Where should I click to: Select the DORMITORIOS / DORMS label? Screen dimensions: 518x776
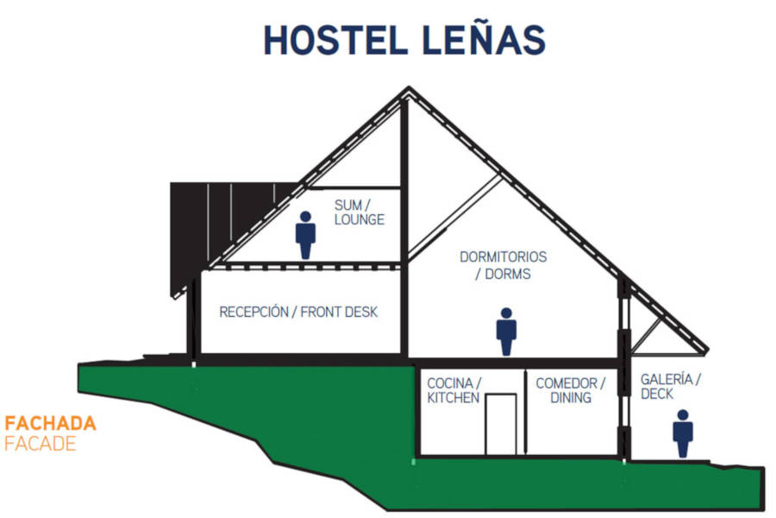[503, 266]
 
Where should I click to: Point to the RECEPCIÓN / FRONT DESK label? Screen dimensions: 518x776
[298, 312]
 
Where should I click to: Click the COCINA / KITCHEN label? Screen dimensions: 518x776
[454, 390]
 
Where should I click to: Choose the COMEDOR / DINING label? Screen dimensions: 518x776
[570, 390]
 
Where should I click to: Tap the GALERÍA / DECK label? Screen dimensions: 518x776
[670, 386]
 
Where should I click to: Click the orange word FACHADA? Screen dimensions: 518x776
[50, 424]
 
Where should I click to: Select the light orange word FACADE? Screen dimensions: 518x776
[41, 445]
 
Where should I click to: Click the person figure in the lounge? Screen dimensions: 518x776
[305, 234]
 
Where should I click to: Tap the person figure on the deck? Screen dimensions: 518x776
[683, 433]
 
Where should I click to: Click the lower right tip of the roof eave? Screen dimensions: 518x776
[704, 351]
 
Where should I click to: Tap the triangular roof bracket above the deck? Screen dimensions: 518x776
[648, 332]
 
